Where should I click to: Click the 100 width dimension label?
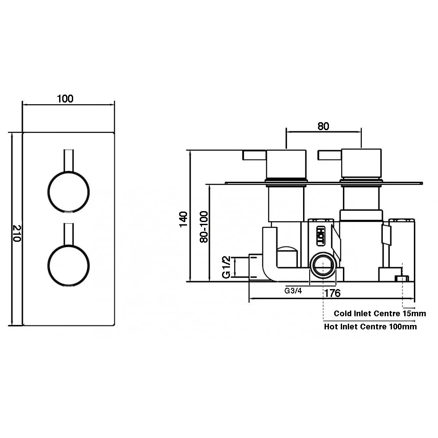[65, 99]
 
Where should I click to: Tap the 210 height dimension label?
[18, 233]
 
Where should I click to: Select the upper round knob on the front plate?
[68, 192]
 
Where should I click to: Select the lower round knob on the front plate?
[68, 266]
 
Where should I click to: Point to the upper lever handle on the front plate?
[69, 160]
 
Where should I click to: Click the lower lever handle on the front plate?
[69, 234]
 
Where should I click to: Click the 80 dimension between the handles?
[323, 126]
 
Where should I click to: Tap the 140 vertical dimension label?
[183, 219]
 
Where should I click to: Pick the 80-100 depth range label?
[204, 227]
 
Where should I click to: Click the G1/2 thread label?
[226, 267]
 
